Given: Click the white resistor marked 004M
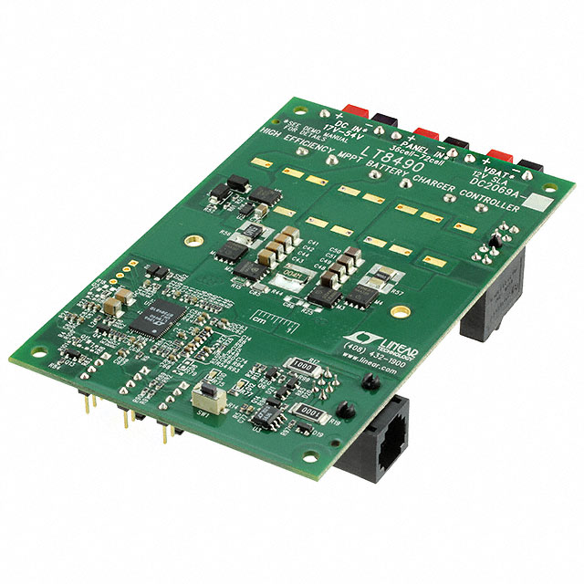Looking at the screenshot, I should pyautogui.click(x=290, y=274).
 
